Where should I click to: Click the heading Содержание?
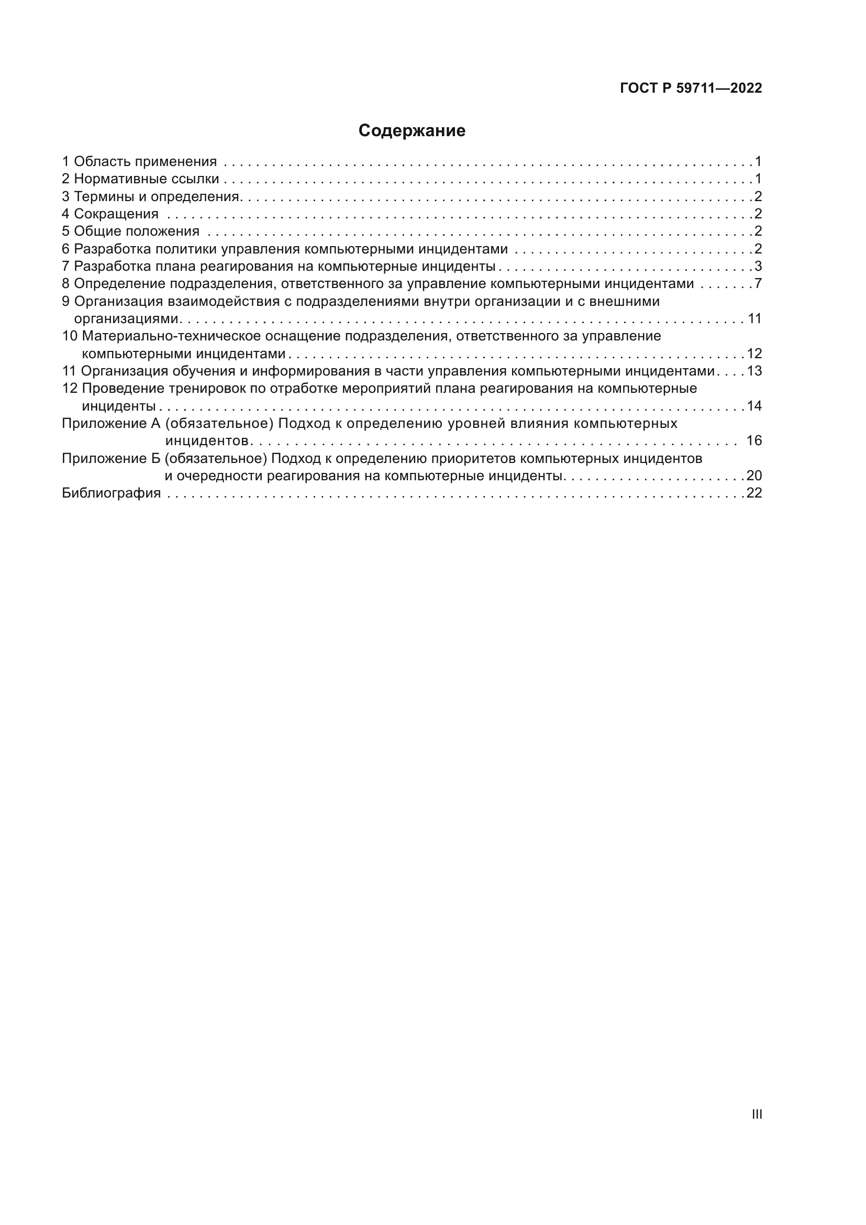point(412,131)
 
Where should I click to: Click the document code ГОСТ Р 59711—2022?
point(691,89)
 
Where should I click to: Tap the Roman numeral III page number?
point(757,1114)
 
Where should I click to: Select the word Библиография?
point(112,493)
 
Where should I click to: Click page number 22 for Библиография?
point(754,493)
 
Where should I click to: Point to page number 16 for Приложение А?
point(754,440)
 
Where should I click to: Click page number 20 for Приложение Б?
point(754,476)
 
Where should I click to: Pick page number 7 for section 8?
point(758,284)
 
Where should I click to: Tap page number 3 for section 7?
point(758,266)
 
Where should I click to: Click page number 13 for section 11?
point(754,371)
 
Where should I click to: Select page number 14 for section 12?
point(754,406)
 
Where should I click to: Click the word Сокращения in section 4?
point(116,214)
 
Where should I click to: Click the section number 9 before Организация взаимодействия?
point(65,302)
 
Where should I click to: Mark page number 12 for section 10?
point(754,354)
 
